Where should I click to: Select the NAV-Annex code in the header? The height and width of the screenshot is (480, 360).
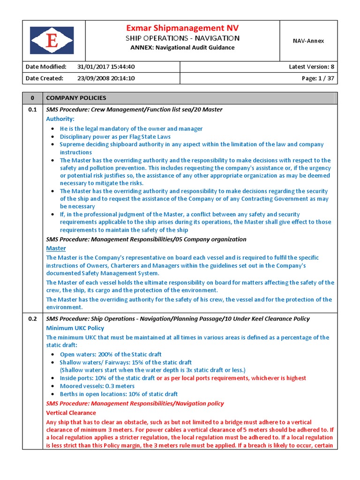pyautogui.click(x=308, y=41)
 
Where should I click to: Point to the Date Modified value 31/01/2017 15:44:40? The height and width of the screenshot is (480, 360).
pyautogui.click(x=106, y=67)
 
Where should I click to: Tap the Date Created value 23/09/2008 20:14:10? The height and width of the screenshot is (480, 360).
pyautogui.click(x=106, y=78)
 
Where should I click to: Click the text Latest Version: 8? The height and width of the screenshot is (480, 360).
pyautogui.click(x=311, y=67)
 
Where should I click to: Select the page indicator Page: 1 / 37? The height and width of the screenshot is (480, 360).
pyautogui.click(x=318, y=78)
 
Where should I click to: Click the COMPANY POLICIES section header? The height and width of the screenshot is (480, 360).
pyautogui.click(x=76, y=98)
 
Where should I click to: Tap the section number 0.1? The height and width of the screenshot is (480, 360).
pyautogui.click(x=32, y=110)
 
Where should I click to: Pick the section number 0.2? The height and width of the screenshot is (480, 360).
pyautogui.click(x=32, y=319)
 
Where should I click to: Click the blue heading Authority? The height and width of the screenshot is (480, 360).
pyautogui.click(x=60, y=119)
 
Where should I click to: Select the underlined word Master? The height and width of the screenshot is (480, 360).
pyautogui.click(x=56, y=248)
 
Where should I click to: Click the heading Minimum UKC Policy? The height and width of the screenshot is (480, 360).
pyautogui.click(x=75, y=328)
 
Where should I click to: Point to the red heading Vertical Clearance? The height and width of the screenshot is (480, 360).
pyautogui.click(x=71, y=413)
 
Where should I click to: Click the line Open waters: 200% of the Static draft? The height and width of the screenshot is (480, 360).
pyautogui.click(x=111, y=354)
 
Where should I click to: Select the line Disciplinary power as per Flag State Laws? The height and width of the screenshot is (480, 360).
pyautogui.click(x=115, y=137)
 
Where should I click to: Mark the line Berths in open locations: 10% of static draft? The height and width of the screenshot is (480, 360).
pyautogui.click(x=119, y=394)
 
